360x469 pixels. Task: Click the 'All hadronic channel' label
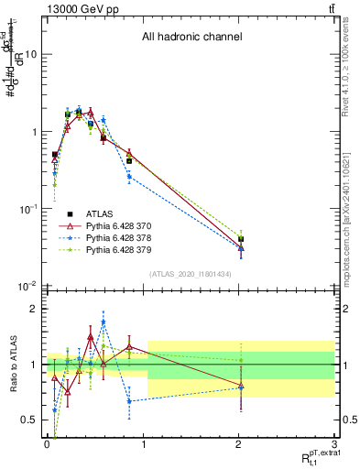[191, 38]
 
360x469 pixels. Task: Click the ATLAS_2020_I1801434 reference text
[191, 275]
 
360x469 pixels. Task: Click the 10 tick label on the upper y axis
[30, 54]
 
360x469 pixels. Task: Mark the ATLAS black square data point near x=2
[241, 239]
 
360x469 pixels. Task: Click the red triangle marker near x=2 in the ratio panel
[241, 387]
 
